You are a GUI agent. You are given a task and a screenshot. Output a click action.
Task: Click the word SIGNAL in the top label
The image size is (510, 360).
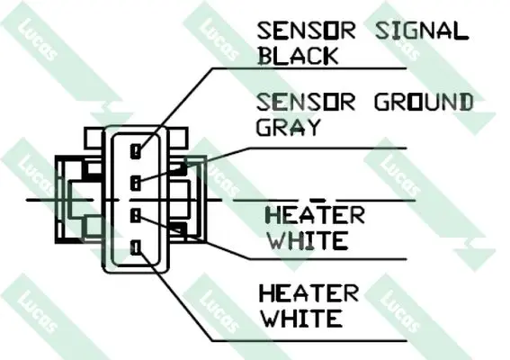(x=422, y=31)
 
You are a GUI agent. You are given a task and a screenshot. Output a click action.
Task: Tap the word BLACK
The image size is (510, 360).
(x=299, y=56)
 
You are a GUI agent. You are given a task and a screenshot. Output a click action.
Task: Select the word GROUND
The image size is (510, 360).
(x=424, y=102)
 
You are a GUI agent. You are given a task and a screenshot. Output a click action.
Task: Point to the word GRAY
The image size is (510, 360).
(x=289, y=127)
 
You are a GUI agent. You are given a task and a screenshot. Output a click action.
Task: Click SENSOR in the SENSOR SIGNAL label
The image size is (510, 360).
(x=306, y=31)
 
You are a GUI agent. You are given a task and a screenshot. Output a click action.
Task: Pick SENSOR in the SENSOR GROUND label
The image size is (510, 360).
(x=306, y=102)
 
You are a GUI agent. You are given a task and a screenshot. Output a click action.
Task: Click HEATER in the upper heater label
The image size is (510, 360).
(x=315, y=215)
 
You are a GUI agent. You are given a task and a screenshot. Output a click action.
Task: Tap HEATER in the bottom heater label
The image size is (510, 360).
(x=309, y=293)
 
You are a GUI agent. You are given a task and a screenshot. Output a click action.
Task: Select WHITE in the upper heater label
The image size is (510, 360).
(x=308, y=240)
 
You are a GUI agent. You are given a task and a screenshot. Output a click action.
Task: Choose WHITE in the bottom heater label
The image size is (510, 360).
(x=302, y=318)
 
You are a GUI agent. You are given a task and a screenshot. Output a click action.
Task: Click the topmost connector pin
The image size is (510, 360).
(x=136, y=151)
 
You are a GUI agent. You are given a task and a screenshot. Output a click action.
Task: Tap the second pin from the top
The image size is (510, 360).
(x=136, y=183)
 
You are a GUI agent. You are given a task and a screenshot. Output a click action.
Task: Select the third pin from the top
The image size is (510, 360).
(x=136, y=215)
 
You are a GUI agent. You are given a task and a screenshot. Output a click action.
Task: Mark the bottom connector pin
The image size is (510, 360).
(x=136, y=247)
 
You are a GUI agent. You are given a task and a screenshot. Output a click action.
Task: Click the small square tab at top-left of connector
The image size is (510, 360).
(x=94, y=138)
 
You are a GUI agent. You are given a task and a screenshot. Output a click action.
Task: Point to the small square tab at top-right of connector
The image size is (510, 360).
(x=179, y=138)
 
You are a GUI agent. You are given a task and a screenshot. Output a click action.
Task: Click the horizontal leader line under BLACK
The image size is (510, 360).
(x=309, y=68)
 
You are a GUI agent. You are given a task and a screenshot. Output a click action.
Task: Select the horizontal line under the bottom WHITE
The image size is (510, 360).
(x=309, y=341)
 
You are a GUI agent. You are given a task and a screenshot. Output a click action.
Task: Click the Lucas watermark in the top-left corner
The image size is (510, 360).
(x=37, y=40)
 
